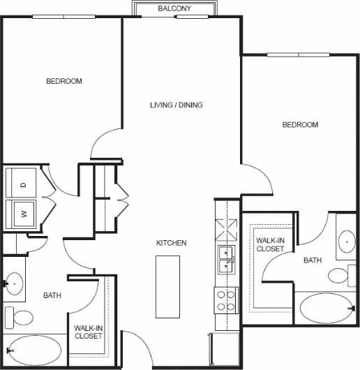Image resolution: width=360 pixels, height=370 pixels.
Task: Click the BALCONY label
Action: pos(174,8)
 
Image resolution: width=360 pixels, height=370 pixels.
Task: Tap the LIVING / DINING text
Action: pos(176,105)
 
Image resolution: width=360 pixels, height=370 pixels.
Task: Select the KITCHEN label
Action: pos(171,243)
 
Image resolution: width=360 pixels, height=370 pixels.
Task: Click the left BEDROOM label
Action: pos(63,81)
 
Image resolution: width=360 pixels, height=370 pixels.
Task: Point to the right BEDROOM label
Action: pos(300,125)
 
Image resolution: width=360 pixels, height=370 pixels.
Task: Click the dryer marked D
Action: pos(23,184)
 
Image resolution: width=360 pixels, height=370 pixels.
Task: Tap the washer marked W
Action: pos(23,214)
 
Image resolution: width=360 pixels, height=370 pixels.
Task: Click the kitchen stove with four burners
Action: pos(227,300)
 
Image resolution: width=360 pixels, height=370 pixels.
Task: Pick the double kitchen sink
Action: pos(227,259)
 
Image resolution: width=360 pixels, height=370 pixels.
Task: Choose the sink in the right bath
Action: pos(347,242)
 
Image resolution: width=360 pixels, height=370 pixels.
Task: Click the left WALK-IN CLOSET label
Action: pos(89,332)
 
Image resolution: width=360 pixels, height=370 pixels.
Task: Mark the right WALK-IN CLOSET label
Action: pos(270,244)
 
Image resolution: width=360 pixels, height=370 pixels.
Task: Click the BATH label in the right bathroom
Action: pos(313,260)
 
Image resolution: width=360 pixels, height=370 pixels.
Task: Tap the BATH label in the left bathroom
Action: pos(53,295)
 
